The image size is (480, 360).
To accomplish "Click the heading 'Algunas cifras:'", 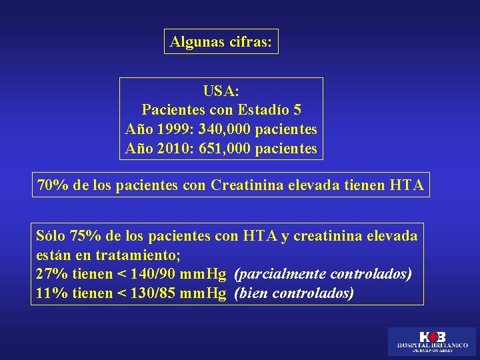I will pyautogui.click(x=221, y=41).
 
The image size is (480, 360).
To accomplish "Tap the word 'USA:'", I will pyautogui.click(x=221, y=90).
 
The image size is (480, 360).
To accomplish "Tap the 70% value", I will pyautogui.click(x=52, y=185).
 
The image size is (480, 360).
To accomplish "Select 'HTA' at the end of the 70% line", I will pyautogui.click(x=405, y=185).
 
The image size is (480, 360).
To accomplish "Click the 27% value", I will pyautogui.click(x=51, y=274).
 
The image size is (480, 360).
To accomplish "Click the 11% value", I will pyautogui.click(x=51, y=293).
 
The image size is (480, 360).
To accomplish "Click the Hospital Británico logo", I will pyautogui.click(x=432, y=341).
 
